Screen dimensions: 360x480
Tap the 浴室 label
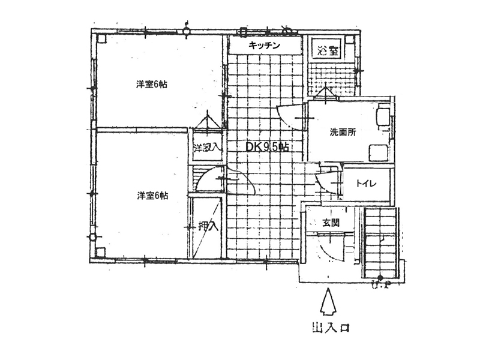pyautogui.click(x=327, y=49)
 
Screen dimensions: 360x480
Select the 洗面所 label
pyautogui.click(x=342, y=132)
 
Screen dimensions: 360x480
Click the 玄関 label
pyautogui.click(x=331, y=223)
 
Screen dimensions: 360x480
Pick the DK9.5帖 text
pyautogui.click(x=268, y=146)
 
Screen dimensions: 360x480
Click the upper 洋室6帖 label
pyautogui.click(x=151, y=85)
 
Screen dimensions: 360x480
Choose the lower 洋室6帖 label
pyautogui.click(x=152, y=196)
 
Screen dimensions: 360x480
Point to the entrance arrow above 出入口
pyautogui.click(x=328, y=303)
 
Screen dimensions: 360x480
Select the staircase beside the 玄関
pyautogui.click(x=381, y=240)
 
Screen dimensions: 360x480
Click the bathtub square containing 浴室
pyautogui.click(x=327, y=49)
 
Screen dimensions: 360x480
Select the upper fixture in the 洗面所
pyautogui.click(x=382, y=115)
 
